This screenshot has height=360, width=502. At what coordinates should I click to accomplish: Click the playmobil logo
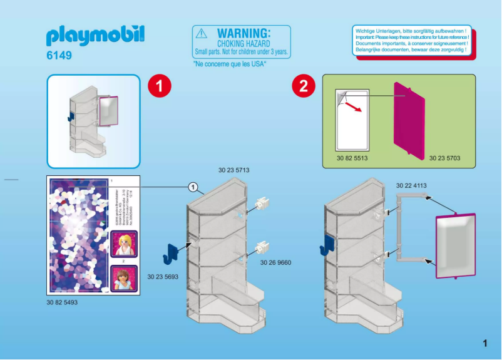[x=95, y=36]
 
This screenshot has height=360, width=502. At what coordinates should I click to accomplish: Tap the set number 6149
[x=59, y=56]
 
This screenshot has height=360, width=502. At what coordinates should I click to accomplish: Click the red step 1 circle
[x=159, y=86]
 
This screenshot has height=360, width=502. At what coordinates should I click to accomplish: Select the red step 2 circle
[x=304, y=86]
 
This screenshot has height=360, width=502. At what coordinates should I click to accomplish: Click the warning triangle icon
[x=201, y=33]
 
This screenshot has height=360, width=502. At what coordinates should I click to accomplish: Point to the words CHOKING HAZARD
[x=243, y=44]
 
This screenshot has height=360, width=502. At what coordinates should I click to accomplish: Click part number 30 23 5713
[x=234, y=170]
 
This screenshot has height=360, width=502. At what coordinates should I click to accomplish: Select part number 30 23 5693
[x=163, y=276]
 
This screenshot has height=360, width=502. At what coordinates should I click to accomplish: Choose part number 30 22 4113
[x=411, y=185]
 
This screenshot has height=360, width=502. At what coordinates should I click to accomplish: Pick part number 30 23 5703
[x=444, y=158]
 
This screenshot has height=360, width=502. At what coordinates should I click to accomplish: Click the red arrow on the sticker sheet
[x=355, y=108]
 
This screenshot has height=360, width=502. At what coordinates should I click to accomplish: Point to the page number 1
[x=484, y=342]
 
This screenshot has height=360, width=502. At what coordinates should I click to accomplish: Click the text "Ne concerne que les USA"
[x=230, y=64]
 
